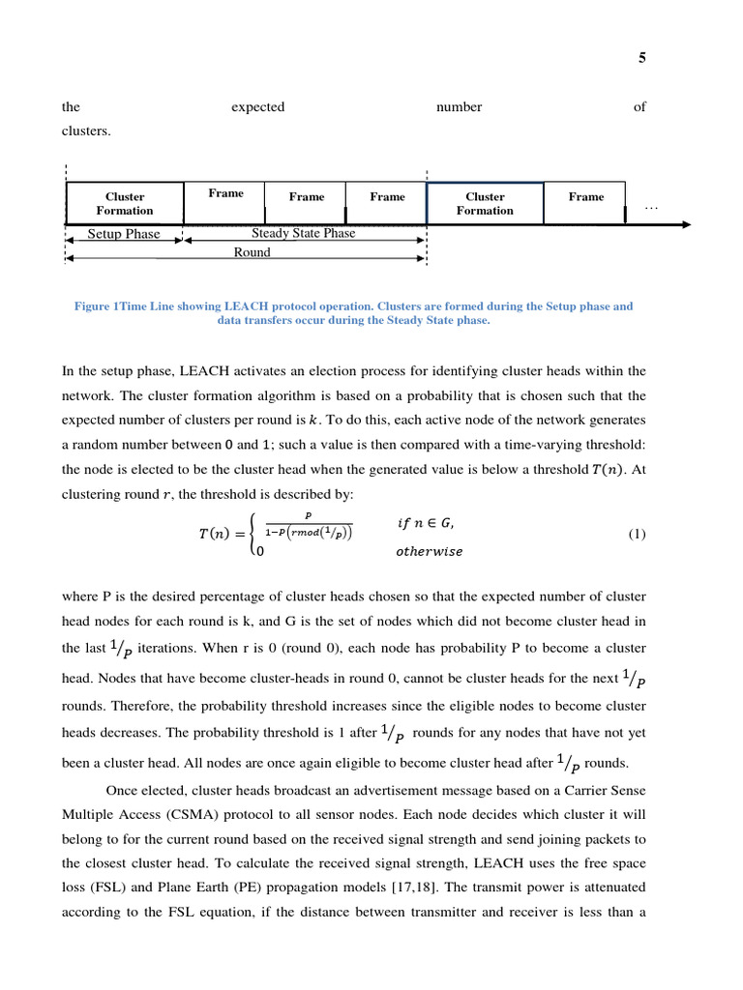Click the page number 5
pyautogui.click(x=641, y=58)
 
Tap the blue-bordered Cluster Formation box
pyautogui.click(x=485, y=203)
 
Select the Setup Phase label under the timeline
pyautogui.click(x=124, y=234)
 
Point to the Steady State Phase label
pyautogui.click(x=303, y=233)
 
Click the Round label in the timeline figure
pyautogui.click(x=252, y=252)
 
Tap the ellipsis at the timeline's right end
pyautogui.click(x=650, y=206)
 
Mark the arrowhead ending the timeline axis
pyautogui.click(x=685, y=224)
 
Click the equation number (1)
pyautogui.click(x=637, y=534)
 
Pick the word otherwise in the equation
pyautogui.click(x=429, y=552)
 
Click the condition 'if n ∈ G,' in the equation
pyautogui.click(x=425, y=523)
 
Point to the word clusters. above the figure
pyautogui.click(x=86, y=131)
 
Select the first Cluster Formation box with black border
pyautogui.click(x=125, y=203)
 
